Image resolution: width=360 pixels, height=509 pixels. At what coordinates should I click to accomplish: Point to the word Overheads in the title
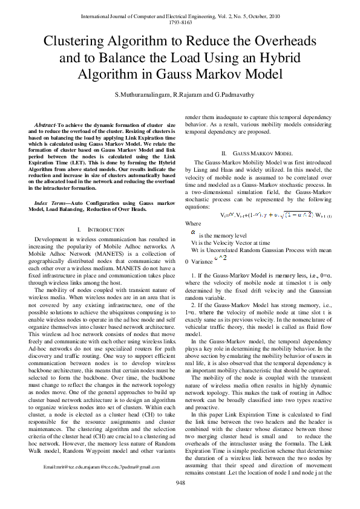tap(287, 41)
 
